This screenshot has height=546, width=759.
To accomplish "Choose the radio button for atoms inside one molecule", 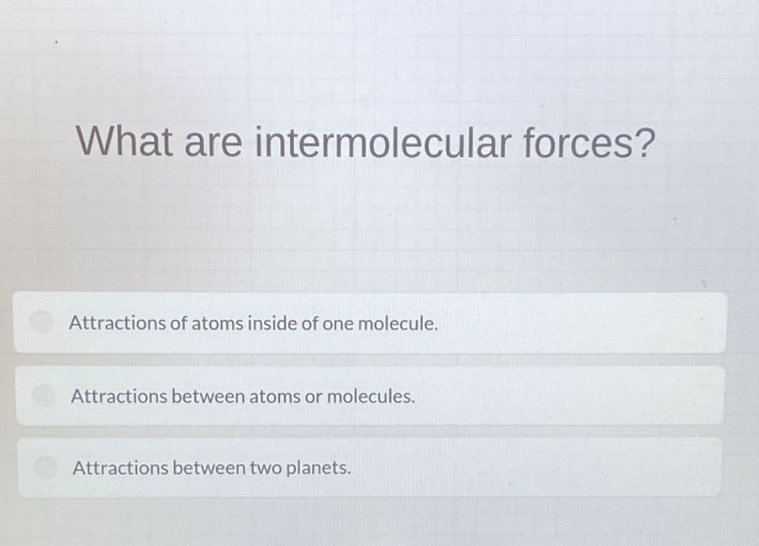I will coord(40,322).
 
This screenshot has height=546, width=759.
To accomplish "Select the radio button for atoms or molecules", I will coord(42,394).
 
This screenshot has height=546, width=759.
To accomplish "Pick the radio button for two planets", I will coord(43,466).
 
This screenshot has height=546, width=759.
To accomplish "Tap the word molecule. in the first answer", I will coord(398,323).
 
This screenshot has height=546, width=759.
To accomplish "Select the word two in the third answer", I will coord(266,468).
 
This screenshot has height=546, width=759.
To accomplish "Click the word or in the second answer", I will coord(313,396).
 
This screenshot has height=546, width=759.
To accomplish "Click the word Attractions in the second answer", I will coord(119,395).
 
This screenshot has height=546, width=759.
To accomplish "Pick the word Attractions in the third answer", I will coord(121,468).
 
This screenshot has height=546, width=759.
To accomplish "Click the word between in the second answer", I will coord(207,395).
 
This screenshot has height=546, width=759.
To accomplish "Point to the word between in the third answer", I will coord(208,468).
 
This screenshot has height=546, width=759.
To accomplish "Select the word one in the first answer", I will coord(337,323).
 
